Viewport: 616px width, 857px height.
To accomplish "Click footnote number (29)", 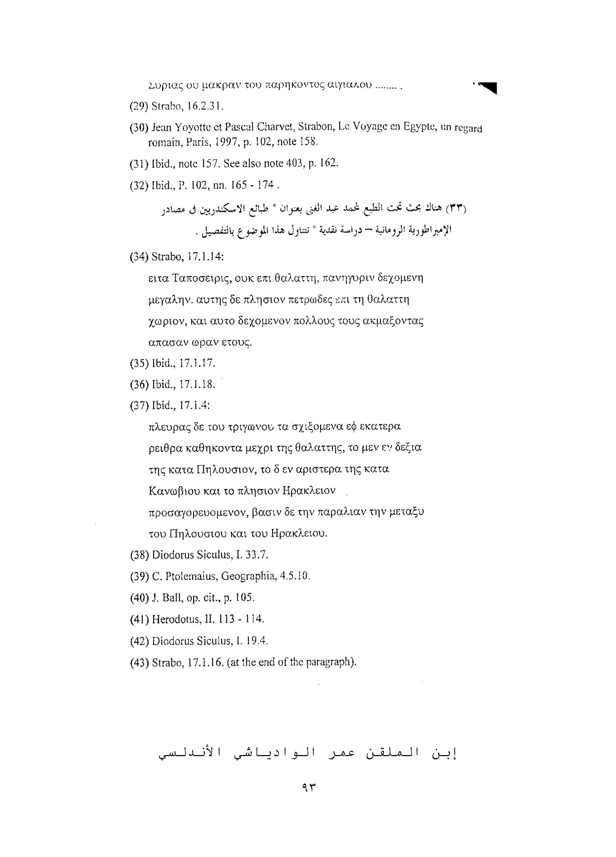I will coord(139,106).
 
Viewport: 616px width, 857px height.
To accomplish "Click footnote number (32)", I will coord(139,185).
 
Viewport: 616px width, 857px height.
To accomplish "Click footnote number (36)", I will coord(139,384).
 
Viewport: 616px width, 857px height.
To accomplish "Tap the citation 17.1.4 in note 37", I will coord(195,405).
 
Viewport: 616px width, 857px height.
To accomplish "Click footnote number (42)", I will coord(139,640).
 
